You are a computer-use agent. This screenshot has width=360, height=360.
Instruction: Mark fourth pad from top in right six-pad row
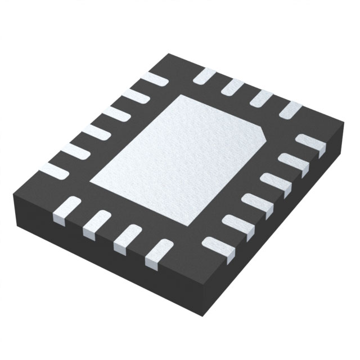click(x=256, y=202)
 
